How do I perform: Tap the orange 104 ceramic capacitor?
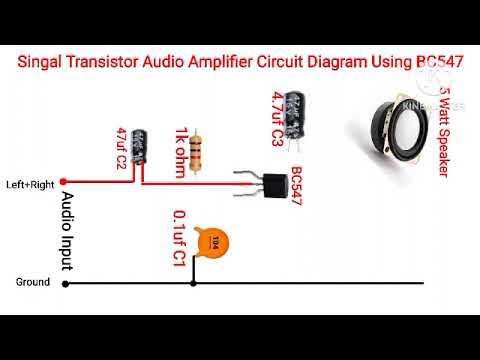click(211, 240)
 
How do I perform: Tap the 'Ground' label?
click(32, 283)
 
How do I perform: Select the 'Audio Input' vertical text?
click(68, 227)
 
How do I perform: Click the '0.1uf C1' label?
click(179, 238)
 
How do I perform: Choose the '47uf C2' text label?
click(121, 148)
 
